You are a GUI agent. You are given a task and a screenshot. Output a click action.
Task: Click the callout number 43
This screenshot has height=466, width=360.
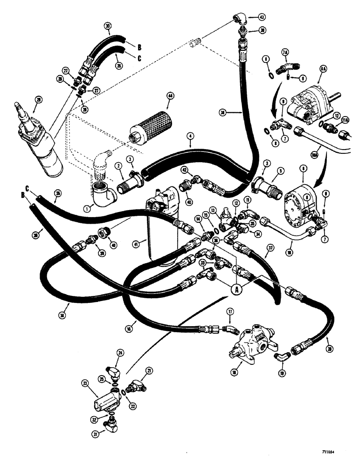[262, 17]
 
